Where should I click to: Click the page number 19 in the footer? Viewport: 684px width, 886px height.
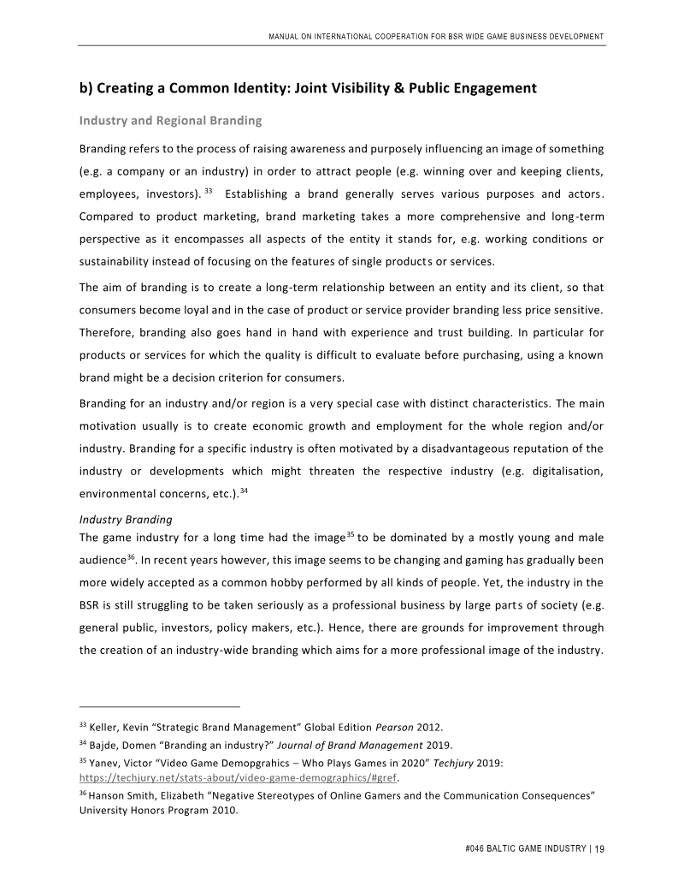click(599, 849)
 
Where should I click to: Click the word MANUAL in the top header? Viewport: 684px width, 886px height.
click(287, 37)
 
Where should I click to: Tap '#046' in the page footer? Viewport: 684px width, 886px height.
click(470, 849)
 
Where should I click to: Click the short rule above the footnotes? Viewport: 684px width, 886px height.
click(159, 707)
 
